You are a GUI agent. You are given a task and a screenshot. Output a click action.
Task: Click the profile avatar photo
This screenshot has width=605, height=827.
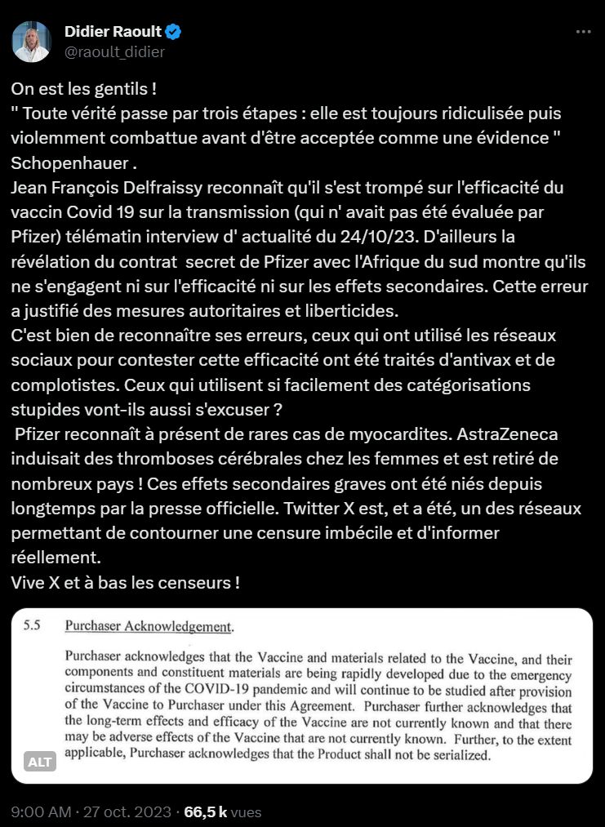click(32, 42)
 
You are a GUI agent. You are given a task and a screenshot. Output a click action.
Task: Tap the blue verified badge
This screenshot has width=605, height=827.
click(174, 33)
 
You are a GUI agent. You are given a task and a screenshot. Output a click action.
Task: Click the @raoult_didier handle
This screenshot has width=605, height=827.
click(114, 52)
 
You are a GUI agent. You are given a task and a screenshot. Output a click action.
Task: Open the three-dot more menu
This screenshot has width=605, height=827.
click(583, 32)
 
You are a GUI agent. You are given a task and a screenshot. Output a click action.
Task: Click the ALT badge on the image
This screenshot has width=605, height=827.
click(40, 762)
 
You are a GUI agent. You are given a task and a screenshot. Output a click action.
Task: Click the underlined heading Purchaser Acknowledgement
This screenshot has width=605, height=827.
click(148, 627)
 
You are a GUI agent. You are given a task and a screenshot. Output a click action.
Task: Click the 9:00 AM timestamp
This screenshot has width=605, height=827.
click(39, 812)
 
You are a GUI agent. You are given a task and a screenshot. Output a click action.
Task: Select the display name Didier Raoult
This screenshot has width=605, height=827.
click(113, 32)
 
